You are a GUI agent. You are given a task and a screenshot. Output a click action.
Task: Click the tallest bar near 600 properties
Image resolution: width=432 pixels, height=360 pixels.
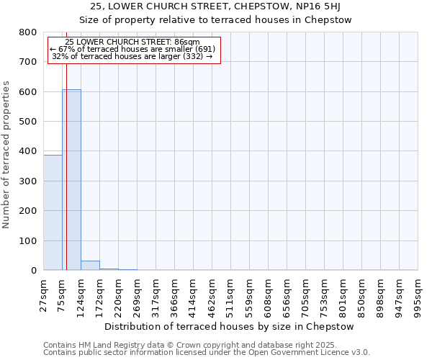[71, 180]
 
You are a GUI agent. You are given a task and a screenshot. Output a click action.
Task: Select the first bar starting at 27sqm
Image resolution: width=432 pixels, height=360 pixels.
[53, 212]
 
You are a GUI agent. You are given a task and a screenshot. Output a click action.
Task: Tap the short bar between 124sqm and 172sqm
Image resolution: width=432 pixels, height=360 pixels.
[90, 266]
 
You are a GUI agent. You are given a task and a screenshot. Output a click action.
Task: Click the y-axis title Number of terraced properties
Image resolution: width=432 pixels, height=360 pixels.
[6, 154]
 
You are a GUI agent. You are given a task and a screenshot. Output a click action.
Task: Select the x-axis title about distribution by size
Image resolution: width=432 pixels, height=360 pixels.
[230, 326]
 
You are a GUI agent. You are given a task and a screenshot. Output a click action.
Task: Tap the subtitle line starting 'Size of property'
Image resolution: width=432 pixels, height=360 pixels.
[215, 20]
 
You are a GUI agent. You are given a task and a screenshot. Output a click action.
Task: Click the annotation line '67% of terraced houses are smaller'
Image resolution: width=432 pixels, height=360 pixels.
[132, 49]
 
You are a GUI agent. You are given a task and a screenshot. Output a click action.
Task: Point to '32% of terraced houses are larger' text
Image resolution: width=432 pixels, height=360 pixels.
[132, 56]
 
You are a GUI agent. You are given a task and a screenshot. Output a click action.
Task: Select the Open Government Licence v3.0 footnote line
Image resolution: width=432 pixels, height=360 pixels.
[207, 353]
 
